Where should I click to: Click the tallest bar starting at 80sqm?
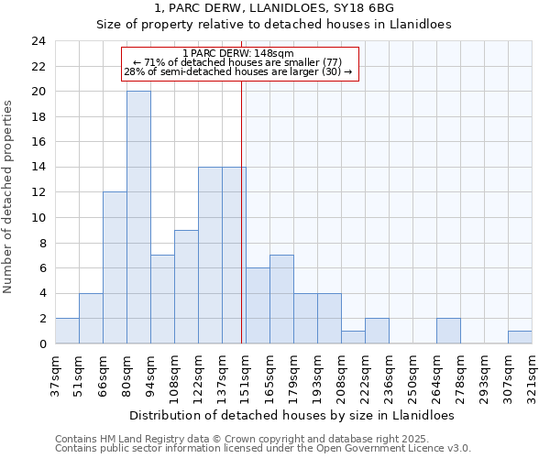click(138, 217)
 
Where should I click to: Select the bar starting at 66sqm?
click(115, 267)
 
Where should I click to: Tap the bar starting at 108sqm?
click(186, 287)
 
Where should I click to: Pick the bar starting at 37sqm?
click(67, 331)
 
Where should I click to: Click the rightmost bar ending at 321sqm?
click(520, 337)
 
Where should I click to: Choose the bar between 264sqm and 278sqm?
click(448, 331)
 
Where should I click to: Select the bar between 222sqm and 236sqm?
click(377, 331)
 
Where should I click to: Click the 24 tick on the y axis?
click(38, 41)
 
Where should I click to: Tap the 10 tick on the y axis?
click(38, 218)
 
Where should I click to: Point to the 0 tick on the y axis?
click(42, 343)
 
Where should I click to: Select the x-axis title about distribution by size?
click(291, 414)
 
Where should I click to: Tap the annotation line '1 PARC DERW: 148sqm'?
click(238, 54)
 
